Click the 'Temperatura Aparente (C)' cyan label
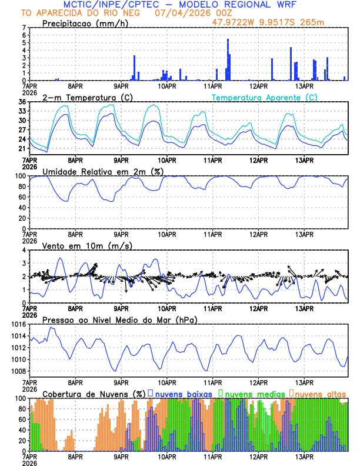click(264, 97)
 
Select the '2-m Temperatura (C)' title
click(87, 97)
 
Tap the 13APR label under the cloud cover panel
click(304, 457)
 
